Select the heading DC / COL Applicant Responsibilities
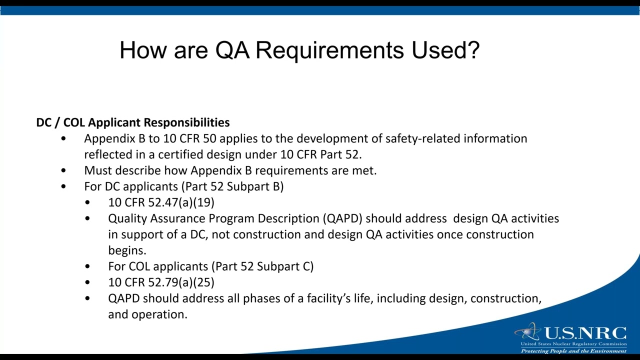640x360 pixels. coord(133,122)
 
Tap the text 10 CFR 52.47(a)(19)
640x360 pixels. coord(161,202)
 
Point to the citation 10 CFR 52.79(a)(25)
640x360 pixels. coord(161,282)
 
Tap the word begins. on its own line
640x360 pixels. coord(127,250)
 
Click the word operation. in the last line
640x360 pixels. coord(159,314)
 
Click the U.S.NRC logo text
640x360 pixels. coord(584,333)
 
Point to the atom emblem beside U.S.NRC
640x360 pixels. coord(527,332)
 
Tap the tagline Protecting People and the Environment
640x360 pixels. coord(573,351)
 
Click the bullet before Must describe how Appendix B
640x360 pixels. coord(63,170)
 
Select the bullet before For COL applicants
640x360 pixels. coord(88,266)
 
